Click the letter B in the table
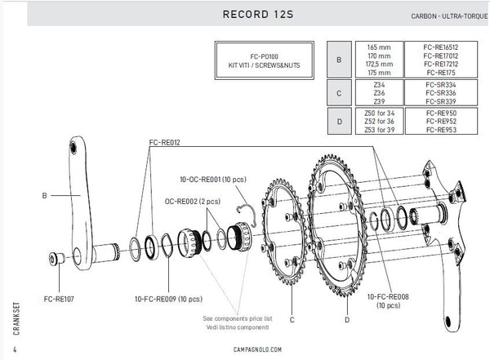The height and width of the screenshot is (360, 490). click(338, 59)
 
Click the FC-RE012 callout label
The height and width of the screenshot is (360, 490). click(165, 142)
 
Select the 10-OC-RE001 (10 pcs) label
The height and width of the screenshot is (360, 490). click(216, 177)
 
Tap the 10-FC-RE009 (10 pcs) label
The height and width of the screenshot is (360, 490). click(171, 298)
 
